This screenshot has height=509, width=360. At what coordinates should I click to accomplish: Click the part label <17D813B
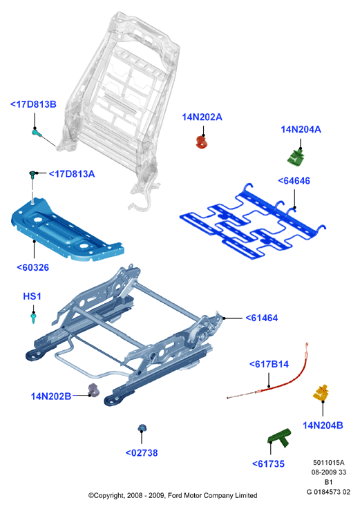tap(33, 104)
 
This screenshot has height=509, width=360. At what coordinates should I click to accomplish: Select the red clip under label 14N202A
tap(202, 142)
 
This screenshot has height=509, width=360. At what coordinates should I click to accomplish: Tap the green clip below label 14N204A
tap(296, 157)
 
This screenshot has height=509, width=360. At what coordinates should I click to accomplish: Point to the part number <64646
tap(294, 180)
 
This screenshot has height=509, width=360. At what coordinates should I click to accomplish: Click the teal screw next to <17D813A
tap(32, 175)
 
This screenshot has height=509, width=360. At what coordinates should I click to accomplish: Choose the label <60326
tap(32, 267)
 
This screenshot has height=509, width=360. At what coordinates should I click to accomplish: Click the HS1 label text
tap(32, 296)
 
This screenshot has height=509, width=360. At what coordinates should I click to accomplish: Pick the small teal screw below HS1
tap(33, 318)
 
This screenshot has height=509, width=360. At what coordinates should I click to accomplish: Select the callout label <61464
tap(262, 318)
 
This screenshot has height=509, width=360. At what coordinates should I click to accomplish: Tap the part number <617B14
tap(269, 364)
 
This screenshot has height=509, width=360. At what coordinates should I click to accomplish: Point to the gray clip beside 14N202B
tap(94, 390)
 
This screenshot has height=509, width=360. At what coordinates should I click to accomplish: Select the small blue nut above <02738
tap(142, 428)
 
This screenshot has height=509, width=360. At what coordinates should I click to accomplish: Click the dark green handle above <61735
tap(280, 437)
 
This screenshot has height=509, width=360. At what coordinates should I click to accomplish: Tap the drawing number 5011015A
tap(329, 462)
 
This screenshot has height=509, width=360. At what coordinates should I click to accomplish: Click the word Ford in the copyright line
tap(176, 495)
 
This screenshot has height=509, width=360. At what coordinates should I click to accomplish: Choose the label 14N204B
tap(323, 425)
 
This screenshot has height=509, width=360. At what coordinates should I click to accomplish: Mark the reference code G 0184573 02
tap(328, 492)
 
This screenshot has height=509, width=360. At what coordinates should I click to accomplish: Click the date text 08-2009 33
tap(329, 472)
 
